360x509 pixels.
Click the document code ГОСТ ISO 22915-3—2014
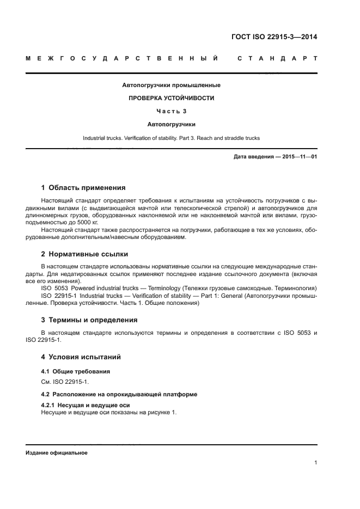point(273,37)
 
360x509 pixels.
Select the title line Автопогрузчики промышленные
point(171,85)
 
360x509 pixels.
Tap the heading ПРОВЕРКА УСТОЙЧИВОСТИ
point(171,99)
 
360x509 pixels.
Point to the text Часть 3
point(171,112)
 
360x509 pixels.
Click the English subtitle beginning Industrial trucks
point(171,138)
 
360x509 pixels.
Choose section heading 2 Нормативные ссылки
point(85,254)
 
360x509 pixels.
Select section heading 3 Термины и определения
point(89,320)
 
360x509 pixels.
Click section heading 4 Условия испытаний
point(81,357)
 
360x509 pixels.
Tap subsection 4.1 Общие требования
point(76,371)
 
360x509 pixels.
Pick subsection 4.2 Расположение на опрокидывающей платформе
point(119,394)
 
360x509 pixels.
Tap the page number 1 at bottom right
point(315,463)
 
